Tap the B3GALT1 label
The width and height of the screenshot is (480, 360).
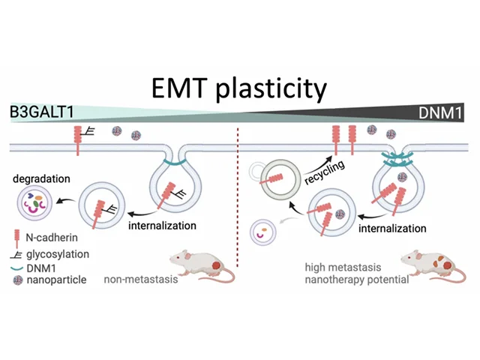click(40, 112)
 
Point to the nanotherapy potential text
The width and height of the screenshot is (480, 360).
click(353, 280)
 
